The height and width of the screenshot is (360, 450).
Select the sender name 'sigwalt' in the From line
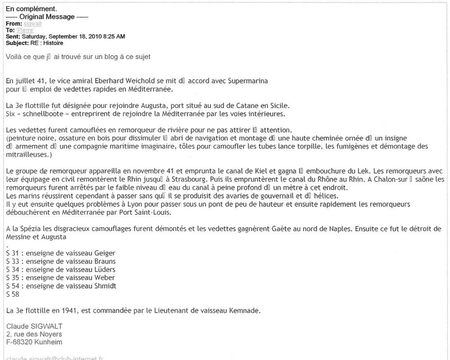pyautogui.click(x=32, y=24)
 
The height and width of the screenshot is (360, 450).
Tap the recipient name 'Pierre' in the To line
pyautogui.click(x=25, y=30)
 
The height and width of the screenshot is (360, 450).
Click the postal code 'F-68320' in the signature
pyautogui.click(x=20, y=341)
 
